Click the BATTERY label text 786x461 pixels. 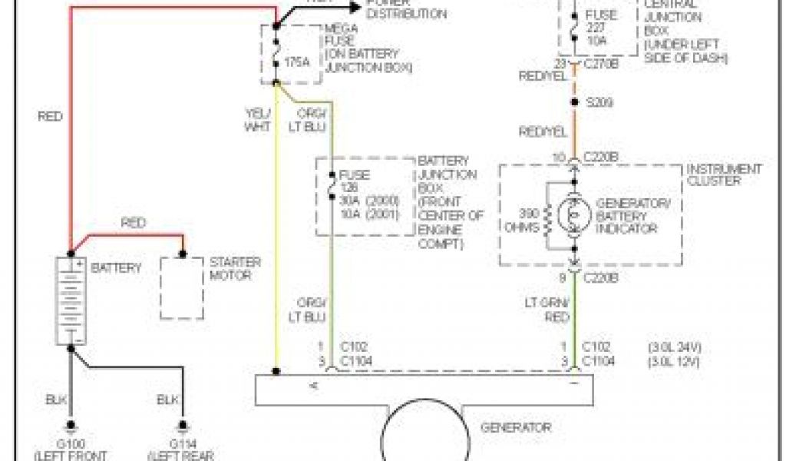point(117,268)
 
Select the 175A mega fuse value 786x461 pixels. point(297,61)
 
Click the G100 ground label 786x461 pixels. point(71,443)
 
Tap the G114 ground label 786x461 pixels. point(182,443)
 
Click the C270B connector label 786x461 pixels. point(600,64)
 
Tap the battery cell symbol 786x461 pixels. point(71,300)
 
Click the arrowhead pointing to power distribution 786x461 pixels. point(353,6)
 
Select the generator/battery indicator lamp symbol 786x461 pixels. point(573,217)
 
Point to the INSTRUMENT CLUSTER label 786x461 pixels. point(724,174)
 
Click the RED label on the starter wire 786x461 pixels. point(134,223)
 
